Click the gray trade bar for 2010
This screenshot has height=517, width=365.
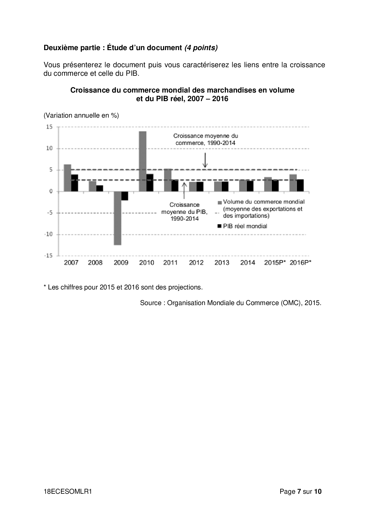pyautogui.click(x=143, y=161)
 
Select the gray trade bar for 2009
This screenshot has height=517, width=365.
pyautogui.click(x=117, y=218)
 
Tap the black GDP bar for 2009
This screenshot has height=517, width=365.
pyautogui.click(x=125, y=196)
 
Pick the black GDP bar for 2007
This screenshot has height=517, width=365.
pyautogui.click(x=75, y=183)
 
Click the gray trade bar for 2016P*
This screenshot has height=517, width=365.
pyautogui.click(x=293, y=183)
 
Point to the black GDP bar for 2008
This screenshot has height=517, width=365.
pyautogui.click(x=99, y=188)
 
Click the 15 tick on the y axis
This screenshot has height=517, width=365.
pyautogui.click(x=49, y=127)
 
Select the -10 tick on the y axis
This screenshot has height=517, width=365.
pyautogui.click(x=49, y=234)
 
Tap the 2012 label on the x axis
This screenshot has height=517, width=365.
pyautogui.click(x=196, y=263)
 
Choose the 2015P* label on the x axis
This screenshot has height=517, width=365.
pyautogui.click(x=275, y=263)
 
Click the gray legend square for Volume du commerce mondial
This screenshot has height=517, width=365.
pyautogui.click(x=219, y=202)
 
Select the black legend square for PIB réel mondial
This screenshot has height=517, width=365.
pyautogui.click(x=219, y=226)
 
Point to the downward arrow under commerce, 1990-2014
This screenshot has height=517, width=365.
pyautogui.click(x=205, y=160)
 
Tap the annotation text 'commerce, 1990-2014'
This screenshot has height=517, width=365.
pyautogui.click(x=205, y=143)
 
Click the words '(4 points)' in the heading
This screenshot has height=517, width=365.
pyautogui.click(x=201, y=48)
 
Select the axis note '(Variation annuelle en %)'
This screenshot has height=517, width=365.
pyautogui.click(x=81, y=116)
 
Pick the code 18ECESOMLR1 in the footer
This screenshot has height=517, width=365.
pyautogui.click(x=68, y=491)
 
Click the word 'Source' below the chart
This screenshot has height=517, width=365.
pyautogui.click(x=150, y=303)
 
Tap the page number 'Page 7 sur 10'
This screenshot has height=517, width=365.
pyautogui.click(x=301, y=491)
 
